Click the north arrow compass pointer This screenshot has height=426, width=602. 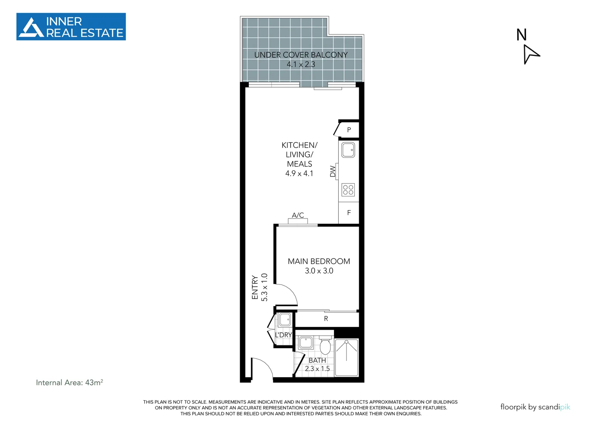pyautogui.click(x=530, y=55)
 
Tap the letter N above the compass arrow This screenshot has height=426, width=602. pyautogui.click(x=522, y=35)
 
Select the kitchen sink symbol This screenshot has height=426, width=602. pyautogui.click(x=348, y=150)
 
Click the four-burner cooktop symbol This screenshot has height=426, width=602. pyautogui.click(x=348, y=190)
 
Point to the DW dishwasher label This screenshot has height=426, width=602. pyautogui.click(x=333, y=171)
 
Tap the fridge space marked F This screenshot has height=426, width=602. pyautogui.click(x=349, y=213)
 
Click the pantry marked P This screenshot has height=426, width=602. pyautogui.click(x=349, y=130)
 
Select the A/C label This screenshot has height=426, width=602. pyautogui.click(x=298, y=215)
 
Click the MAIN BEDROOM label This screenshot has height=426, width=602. pyautogui.click(x=319, y=262)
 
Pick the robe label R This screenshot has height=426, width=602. pyautogui.click(x=326, y=319)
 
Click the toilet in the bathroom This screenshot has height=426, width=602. pyautogui.click(x=325, y=345)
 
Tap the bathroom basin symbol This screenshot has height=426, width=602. pyautogui.click(x=306, y=343)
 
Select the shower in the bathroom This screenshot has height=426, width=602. pyautogui.click(x=347, y=358)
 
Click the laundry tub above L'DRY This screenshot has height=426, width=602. pyautogui.click(x=285, y=320)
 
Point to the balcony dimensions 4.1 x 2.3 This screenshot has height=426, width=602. pyautogui.click(x=301, y=65)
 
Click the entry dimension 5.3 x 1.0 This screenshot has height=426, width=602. pyautogui.click(x=265, y=287)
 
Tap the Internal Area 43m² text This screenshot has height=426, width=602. pyautogui.click(x=70, y=383)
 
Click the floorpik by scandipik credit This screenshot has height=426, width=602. pyautogui.click(x=535, y=407)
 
